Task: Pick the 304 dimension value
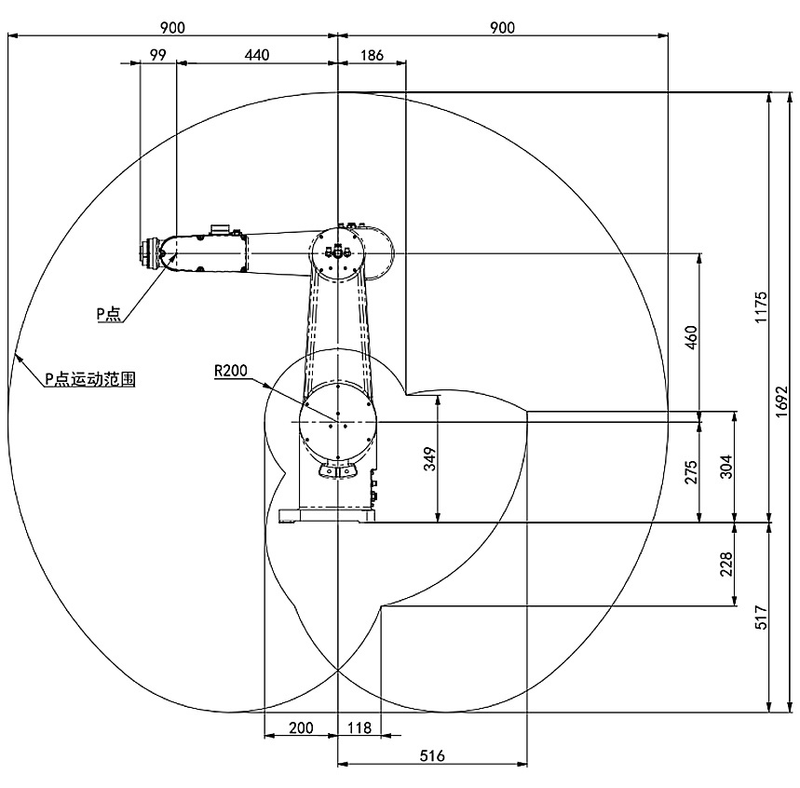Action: point(727,466)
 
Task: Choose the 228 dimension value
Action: point(727,564)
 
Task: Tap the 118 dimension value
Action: point(359,727)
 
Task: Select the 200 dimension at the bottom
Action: point(301,727)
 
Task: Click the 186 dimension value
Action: point(371,55)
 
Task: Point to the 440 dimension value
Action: point(256,55)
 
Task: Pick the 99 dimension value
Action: point(157,55)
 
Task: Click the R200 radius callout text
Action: point(230,371)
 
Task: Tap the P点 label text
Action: point(109,315)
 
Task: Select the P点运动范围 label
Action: point(91,379)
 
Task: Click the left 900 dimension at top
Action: point(171,27)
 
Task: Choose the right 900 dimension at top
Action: point(502,27)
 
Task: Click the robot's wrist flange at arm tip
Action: point(147,253)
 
